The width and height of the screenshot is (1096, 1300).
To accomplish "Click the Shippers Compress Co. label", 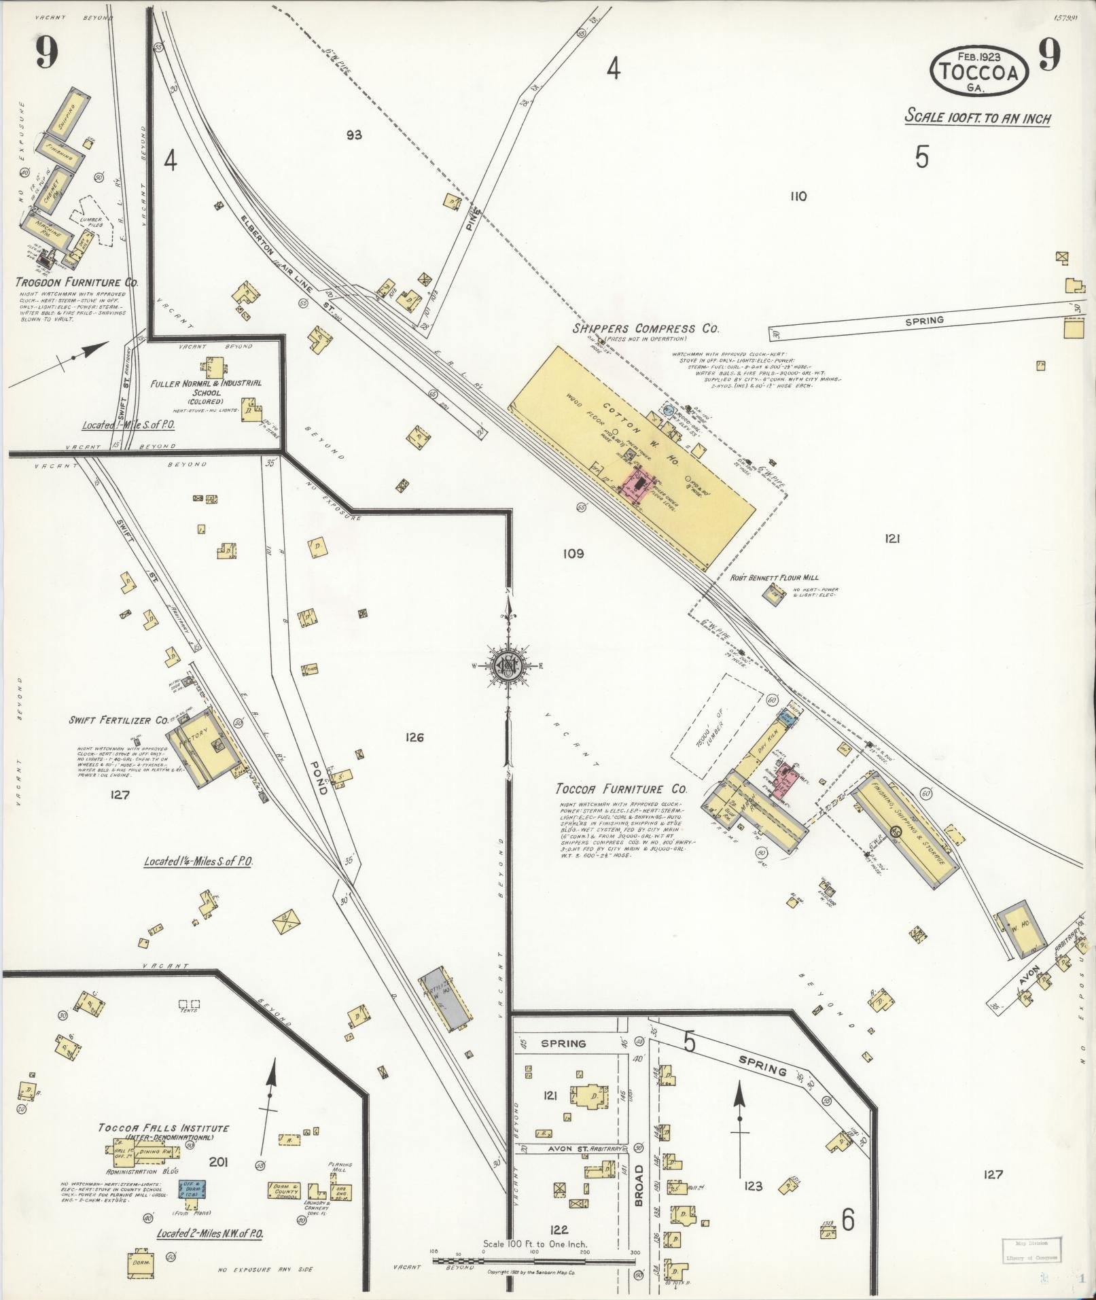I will click(x=644, y=328).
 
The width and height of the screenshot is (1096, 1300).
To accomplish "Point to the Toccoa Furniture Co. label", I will click(x=620, y=790).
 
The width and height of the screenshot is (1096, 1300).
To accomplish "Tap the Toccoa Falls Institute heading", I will click(x=164, y=1128).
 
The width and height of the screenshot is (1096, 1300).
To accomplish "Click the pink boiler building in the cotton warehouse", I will click(x=639, y=485).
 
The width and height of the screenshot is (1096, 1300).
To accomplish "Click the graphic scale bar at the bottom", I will click(x=535, y=1261).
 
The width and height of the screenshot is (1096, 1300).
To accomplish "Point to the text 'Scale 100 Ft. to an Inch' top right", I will click(x=977, y=118).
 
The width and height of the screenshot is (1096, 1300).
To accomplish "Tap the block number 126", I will click(x=414, y=737).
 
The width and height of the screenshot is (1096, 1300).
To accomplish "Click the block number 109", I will click(x=573, y=554).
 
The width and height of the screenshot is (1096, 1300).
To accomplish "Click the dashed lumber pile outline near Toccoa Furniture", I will click(x=717, y=726).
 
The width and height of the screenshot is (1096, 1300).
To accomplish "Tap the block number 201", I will click(x=218, y=1162).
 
